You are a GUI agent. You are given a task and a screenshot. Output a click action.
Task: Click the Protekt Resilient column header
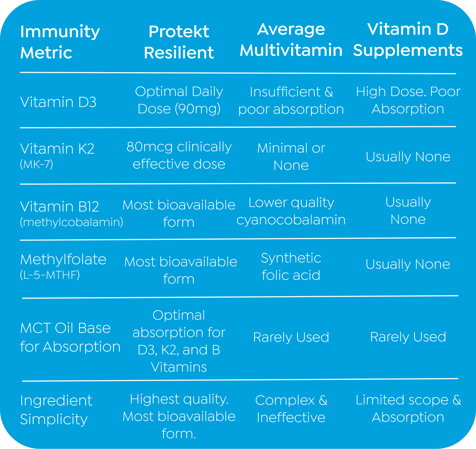click(x=179, y=42)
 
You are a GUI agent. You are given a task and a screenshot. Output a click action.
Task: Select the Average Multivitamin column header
click(x=291, y=40)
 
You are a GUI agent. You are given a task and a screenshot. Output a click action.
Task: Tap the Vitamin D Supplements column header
click(x=408, y=40)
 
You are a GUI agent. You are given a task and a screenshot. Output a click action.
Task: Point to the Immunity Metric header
click(x=60, y=42)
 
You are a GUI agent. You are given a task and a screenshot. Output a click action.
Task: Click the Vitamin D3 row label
click(x=58, y=102)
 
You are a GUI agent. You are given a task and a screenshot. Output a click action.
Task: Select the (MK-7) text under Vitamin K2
click(x=36, y=164)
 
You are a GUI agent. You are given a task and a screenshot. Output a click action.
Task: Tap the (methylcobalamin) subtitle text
click(x=72, y=222)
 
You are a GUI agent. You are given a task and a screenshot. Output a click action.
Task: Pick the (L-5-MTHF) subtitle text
click(x=50, y=275)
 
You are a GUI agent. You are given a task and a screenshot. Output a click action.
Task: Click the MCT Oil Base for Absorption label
click(x=70, y=337)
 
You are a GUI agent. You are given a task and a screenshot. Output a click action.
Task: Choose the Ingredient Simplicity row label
click(x=56, y=409)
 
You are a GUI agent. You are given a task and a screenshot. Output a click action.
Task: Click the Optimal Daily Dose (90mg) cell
click(x=179, y=100)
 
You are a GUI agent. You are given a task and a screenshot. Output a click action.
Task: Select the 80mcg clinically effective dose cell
click(x=179, y=155)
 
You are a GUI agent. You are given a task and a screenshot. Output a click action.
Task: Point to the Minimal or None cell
click(x=291, y=157)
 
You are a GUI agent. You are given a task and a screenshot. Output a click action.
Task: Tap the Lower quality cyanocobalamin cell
click(x=291, y=211)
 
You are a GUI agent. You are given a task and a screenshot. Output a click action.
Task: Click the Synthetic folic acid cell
click(x=291, y=267)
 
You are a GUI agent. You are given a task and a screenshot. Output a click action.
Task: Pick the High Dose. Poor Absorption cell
click(x=408, y=100)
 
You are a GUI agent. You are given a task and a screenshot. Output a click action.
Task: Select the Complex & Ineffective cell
click(x=291, y=409)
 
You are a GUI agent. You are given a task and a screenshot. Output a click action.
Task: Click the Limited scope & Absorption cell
click(x=408, y=409)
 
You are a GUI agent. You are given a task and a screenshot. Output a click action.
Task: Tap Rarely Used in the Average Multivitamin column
click(x=291, y=337)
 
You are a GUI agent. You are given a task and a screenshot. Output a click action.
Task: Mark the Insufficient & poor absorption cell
click(x=291, y=101)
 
